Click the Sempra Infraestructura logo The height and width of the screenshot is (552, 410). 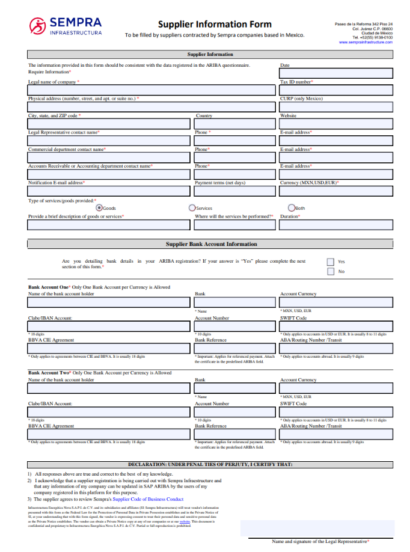click(x=66, y=25)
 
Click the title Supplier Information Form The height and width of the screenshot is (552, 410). click(x=215, y=25)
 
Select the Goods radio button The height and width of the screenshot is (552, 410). click(x=99, y=207)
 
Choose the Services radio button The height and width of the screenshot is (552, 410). click(x=192, y=207)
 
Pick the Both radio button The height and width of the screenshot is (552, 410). click(x=292, y=207)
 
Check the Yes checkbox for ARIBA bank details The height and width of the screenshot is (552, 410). click(x=330, y=262)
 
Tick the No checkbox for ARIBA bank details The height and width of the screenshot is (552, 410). click(x=330, y=271)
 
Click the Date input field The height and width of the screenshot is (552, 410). click(x=335, y=73)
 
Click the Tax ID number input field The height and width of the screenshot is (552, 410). click(x=335, y=90)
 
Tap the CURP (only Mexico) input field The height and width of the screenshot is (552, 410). click(x=335, y=107)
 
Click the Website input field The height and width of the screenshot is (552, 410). click(x=335, y=124)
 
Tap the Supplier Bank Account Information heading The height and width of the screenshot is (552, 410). click(x=211, y=244)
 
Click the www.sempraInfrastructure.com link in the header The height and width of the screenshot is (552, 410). click(x=366, y=42)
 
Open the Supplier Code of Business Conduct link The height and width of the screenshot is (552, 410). click(x=148, y=499)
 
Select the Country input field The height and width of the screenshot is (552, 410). click(x=234, y=124)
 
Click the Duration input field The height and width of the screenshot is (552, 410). click(x=335, y=225)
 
